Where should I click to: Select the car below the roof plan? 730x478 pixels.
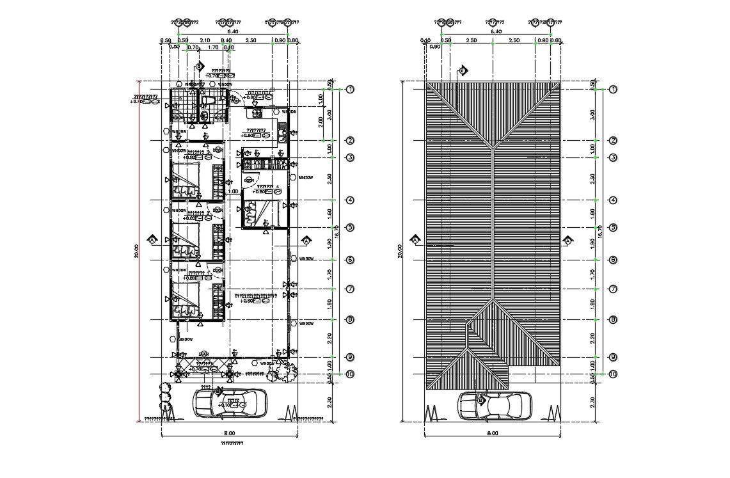tap(494, 406)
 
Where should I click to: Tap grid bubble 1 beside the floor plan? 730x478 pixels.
tap(350, 90)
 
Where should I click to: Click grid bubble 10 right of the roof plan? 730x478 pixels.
tap(612, 374)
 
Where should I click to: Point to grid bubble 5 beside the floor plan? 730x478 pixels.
tap(350, 227)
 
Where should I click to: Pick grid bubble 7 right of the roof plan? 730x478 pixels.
tap(612, 289)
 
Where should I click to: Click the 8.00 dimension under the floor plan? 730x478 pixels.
tap(229, 433)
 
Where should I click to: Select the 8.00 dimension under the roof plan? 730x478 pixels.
tap(492, 433)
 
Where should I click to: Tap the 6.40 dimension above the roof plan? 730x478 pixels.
tap(495, 31)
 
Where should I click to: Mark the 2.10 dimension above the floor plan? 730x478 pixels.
tap(205, 40)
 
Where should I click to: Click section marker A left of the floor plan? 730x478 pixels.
tap(152, 240)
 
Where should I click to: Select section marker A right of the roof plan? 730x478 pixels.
tap(567, 240)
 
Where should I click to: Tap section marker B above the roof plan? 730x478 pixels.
tap(462, 70)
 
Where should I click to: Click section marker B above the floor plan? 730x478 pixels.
tap(199, 66)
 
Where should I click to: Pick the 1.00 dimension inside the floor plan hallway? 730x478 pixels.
tap(234, 191)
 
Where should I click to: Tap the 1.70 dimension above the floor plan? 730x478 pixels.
tap(214, 47)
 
